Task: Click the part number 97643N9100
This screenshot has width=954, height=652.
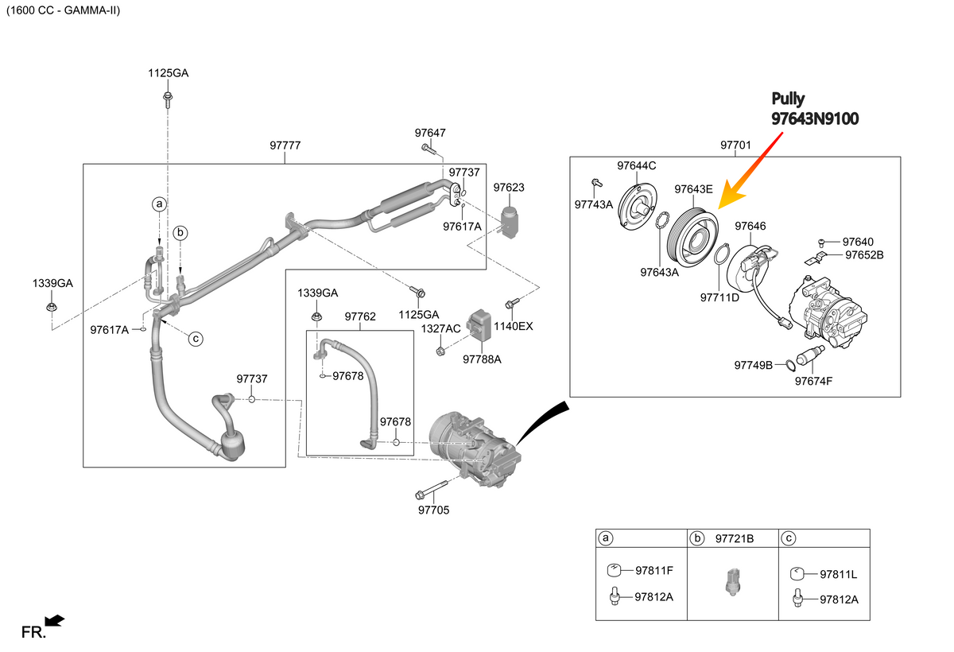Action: (815, 118)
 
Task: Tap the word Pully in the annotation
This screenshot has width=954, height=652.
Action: (788, 99)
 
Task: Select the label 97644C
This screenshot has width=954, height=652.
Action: (636, 165)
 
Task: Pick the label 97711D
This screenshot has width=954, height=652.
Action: (719, 297)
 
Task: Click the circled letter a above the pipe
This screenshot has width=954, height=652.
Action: (159, 204)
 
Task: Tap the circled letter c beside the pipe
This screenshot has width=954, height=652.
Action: (196, 339)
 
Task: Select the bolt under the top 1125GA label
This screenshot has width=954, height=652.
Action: (168, 99)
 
